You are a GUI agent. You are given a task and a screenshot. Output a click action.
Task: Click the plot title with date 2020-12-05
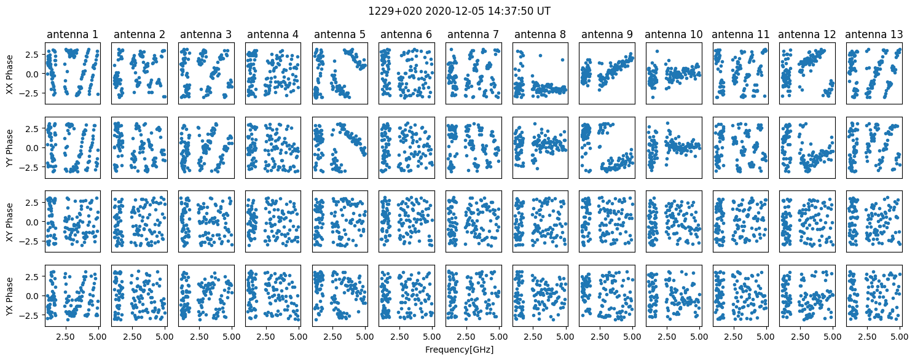coord(459,11)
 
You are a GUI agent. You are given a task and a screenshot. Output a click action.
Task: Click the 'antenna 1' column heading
coord(73,34)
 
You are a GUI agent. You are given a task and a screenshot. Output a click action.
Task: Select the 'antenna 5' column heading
coord(339,34)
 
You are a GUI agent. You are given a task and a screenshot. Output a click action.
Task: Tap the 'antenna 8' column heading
coord(540,34)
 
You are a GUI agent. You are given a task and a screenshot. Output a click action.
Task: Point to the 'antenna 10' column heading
coord(673,34)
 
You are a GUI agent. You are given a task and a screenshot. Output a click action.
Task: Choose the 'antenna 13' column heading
coord(874,34)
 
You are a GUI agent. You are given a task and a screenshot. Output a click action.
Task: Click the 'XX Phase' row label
coord(10,74)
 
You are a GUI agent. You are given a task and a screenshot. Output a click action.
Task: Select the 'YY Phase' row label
coord(10,148)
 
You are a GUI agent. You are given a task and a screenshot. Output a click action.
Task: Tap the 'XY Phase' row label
coord(10,222)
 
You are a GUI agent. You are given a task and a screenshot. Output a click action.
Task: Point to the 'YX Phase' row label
coord(10,296)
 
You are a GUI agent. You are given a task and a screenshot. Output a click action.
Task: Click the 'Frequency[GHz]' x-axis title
coord(459,350)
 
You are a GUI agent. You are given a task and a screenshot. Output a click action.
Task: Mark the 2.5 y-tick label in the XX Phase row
coord(34,54)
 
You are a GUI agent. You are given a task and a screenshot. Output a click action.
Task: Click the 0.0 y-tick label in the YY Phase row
coord(34,148)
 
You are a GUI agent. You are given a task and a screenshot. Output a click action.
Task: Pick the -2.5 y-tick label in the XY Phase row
coord(31,241)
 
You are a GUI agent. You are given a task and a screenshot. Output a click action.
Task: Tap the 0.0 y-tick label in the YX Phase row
coord(34,296)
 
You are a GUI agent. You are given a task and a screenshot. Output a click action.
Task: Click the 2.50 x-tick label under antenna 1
coord(65,337)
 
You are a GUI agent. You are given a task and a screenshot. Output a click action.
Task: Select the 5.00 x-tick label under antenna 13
coord(900,337)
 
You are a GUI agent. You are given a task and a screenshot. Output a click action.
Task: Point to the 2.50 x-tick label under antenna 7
coord(466,337)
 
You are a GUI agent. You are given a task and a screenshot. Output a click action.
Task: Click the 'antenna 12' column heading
coord(807,34)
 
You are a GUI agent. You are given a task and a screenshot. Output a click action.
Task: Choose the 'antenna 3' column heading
coord(206,34)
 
